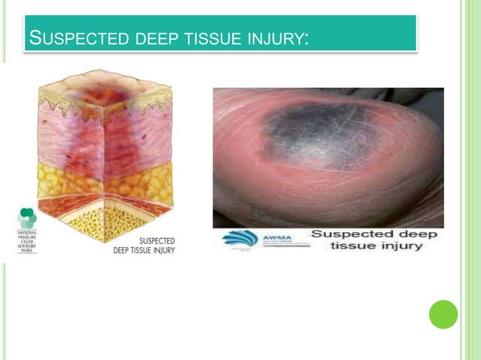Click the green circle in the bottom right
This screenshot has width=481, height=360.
443,314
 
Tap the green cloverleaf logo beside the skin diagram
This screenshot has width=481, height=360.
27,218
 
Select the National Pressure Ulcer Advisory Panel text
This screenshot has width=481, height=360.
27,241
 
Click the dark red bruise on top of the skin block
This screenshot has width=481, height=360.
104,93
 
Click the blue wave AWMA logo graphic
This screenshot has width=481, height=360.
239,239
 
